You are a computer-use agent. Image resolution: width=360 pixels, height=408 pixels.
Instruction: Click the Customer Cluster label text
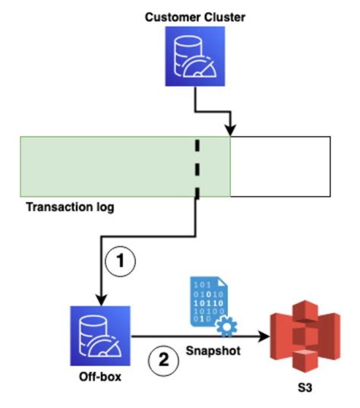tap(185, 16)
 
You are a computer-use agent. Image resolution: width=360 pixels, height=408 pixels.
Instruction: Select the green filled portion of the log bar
tap(106, 166)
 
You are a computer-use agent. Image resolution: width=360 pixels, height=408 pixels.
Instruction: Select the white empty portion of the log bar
tap(279, 166)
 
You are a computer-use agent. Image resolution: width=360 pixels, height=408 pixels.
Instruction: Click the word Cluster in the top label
tap(209, 16)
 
